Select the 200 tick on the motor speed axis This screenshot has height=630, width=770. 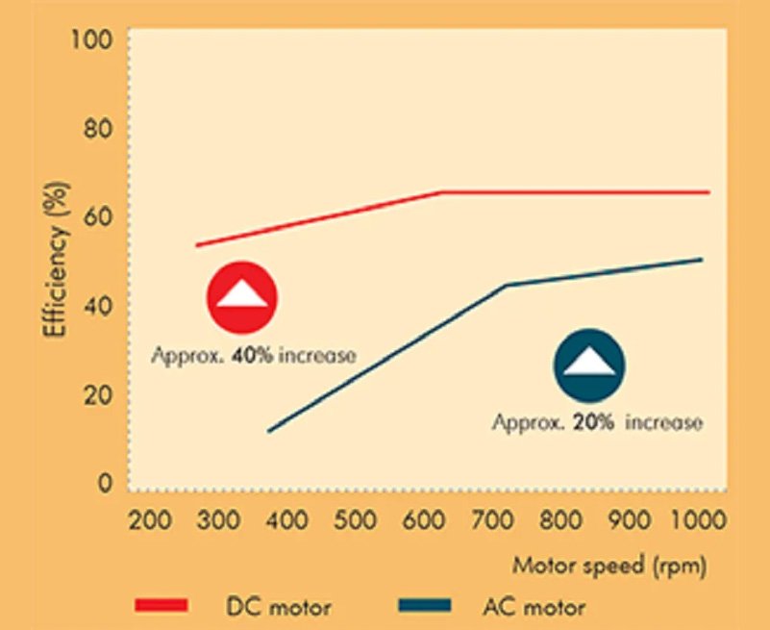click(x=150, y=521)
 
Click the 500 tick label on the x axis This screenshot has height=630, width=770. click(x=356, y=521)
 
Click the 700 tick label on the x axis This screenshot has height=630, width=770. click(x=492, y=521)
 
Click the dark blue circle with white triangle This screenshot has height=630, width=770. click(x=589, y=365)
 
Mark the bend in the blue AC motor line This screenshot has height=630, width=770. click(x=506, y=286)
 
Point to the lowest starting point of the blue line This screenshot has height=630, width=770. click(x=268, y=431)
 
